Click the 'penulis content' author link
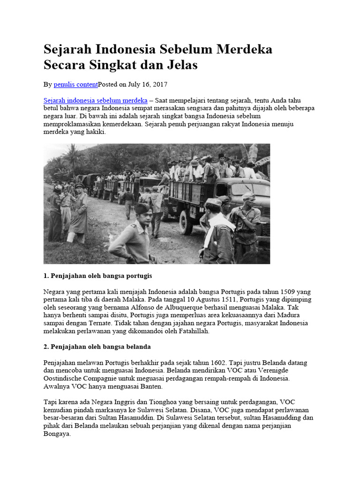(75, 84)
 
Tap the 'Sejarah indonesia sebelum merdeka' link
(96, 100)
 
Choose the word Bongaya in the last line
(57, 435)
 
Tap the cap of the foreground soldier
(142, 208)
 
